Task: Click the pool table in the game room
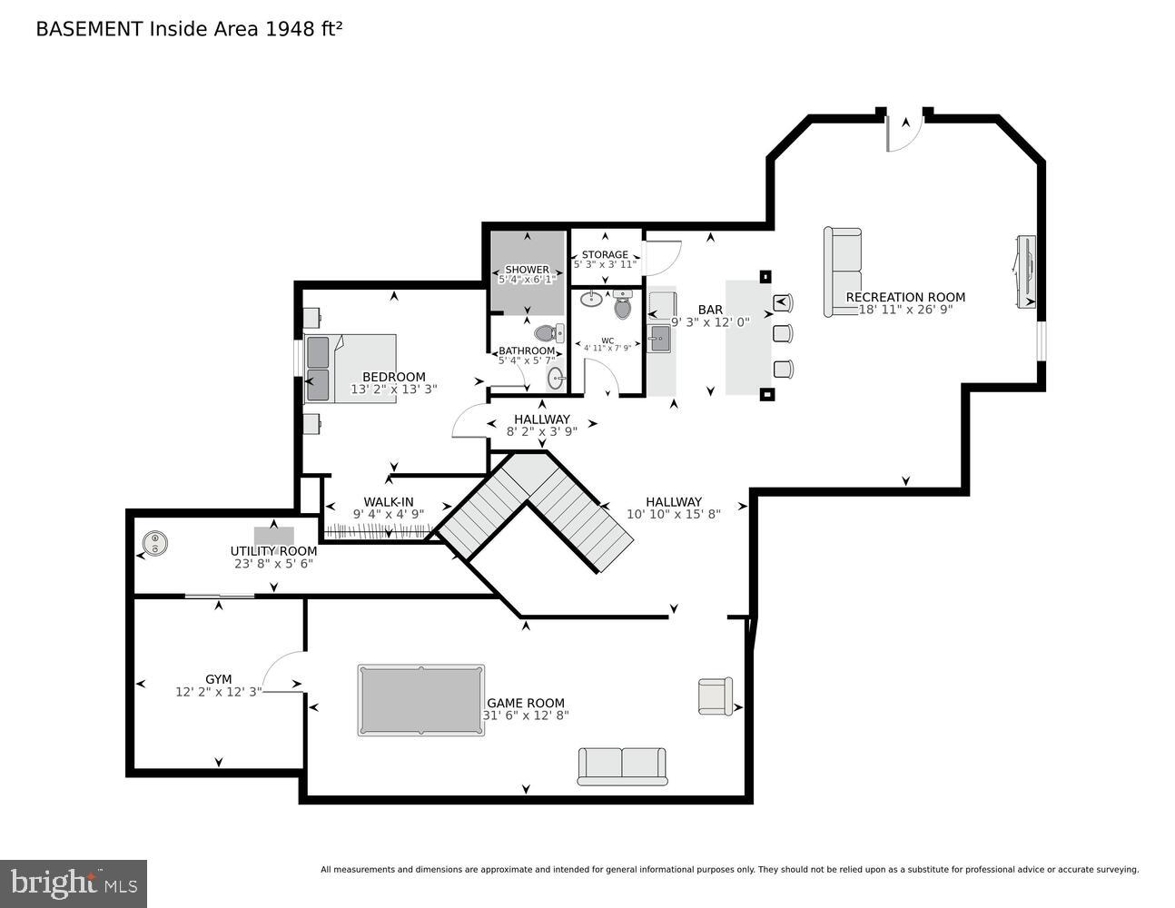[x=420, y=700]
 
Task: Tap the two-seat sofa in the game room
[x=622, y=766]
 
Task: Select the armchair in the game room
[x=715, y=696]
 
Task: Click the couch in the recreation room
[x=842, y=272]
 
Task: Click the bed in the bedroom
[x=351, y=369]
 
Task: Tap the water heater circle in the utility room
[x=156, y=544]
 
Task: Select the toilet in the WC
[x=622, y=305]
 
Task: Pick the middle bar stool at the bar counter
[x=782, y=333]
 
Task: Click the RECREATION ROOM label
[x=905, y=297]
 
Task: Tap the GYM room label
[x=218, y=678]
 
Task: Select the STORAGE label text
[x=605, y=254]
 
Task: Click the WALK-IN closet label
[x=389, y=501]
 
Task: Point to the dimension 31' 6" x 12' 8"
[x=526, y=716]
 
